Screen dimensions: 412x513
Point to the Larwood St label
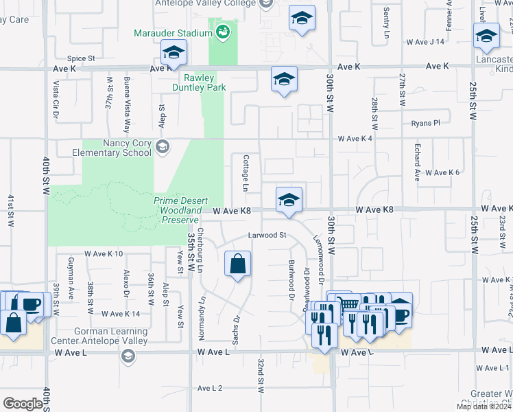(x=267, y=235)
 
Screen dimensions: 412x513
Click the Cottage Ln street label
(x=245, y=172)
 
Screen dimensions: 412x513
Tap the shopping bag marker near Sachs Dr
(x=237, y=264)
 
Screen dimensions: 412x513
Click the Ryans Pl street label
(x=425, y=123)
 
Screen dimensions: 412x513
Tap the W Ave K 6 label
(x=442, y=172)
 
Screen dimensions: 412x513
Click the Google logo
(x=23, y=404)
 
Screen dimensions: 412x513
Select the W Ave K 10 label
(x=104, y=254)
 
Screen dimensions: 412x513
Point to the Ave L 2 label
(x=210, y=388)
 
